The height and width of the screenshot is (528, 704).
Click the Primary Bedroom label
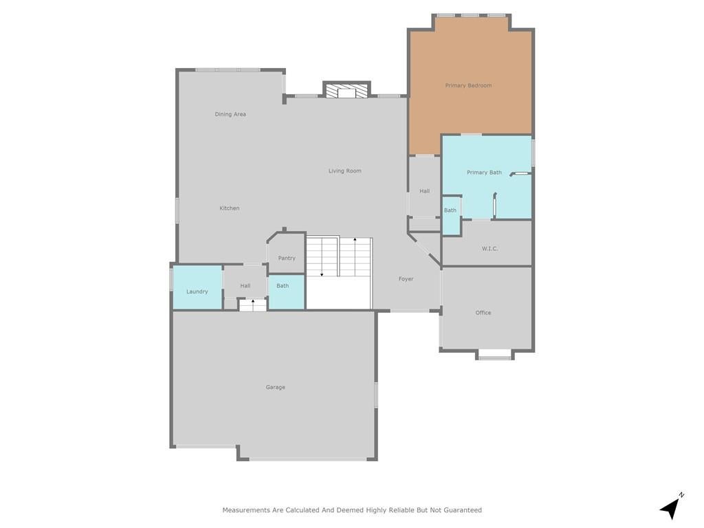pyautogui.click(x=468, y=86)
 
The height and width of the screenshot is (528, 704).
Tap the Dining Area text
pyautogui.click(x=230, y=114)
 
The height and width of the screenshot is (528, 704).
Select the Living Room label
pyautogui.click(x=344, y=171)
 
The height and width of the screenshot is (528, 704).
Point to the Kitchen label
pyautogui.click(x=230, y=208)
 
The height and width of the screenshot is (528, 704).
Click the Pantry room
pyautogui.click(x=287, y=258)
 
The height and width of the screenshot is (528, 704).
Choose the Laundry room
pyautogui.click(x=197, y=291)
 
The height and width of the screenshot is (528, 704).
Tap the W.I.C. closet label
pyautogui.click(x=489, y=249)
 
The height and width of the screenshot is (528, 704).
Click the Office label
pyautogui.click(x=483, y=313)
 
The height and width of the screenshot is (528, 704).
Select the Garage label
pyautogui.click(x=276, y=388)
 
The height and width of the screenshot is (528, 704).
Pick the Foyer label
pyautogui.click(x=406, y=279)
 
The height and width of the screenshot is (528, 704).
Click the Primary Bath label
pyautogui.click(x=484, y=173)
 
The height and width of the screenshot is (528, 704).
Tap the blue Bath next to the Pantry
pyautogui.click(x=283, y=286)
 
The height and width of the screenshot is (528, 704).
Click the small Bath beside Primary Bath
pyautogui.click(x=450, y=210)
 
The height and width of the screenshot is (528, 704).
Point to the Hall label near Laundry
pyautogui.click(x=245, y=286)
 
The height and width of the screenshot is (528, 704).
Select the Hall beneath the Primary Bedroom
pyautogui.click(x=425, y=191)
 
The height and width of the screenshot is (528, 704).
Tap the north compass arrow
pyautogui.click(x=671, y=508)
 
